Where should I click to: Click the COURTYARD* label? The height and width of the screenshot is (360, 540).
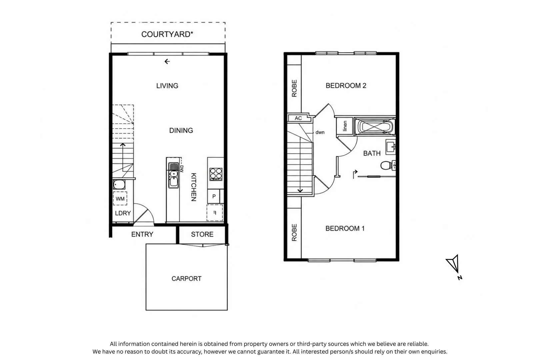pos(167,34)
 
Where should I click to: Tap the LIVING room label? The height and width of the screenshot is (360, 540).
pos(167,86)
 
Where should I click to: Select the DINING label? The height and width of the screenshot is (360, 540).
pos(181,130)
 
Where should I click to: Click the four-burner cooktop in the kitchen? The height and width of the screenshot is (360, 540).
pos(216,174)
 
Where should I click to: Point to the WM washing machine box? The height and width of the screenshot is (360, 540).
pos(120,198)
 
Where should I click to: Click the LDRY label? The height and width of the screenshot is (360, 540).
pos(123,213)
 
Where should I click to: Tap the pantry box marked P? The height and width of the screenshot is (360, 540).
pos(214,196)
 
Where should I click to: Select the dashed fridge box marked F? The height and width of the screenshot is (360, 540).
pos(215,213)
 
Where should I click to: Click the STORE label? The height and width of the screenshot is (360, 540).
pos(202,234)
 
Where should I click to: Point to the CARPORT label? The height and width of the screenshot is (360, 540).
pos(186,279)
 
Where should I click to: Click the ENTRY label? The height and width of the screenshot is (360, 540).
pos(142,234)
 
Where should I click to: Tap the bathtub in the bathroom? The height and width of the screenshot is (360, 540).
pos(375,127)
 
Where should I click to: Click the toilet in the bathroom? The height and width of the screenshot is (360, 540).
pos(388,165)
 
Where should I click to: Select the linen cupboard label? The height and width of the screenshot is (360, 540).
pos(345,126)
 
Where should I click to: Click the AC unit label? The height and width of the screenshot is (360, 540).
pos(298,118)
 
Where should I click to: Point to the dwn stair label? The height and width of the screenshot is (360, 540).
pos(320,132)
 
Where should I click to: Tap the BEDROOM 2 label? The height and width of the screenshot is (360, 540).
pos(346,86)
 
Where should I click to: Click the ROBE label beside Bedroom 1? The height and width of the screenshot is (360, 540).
pos(294,232)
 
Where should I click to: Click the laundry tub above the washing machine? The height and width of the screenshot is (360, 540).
pos(119,184)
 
